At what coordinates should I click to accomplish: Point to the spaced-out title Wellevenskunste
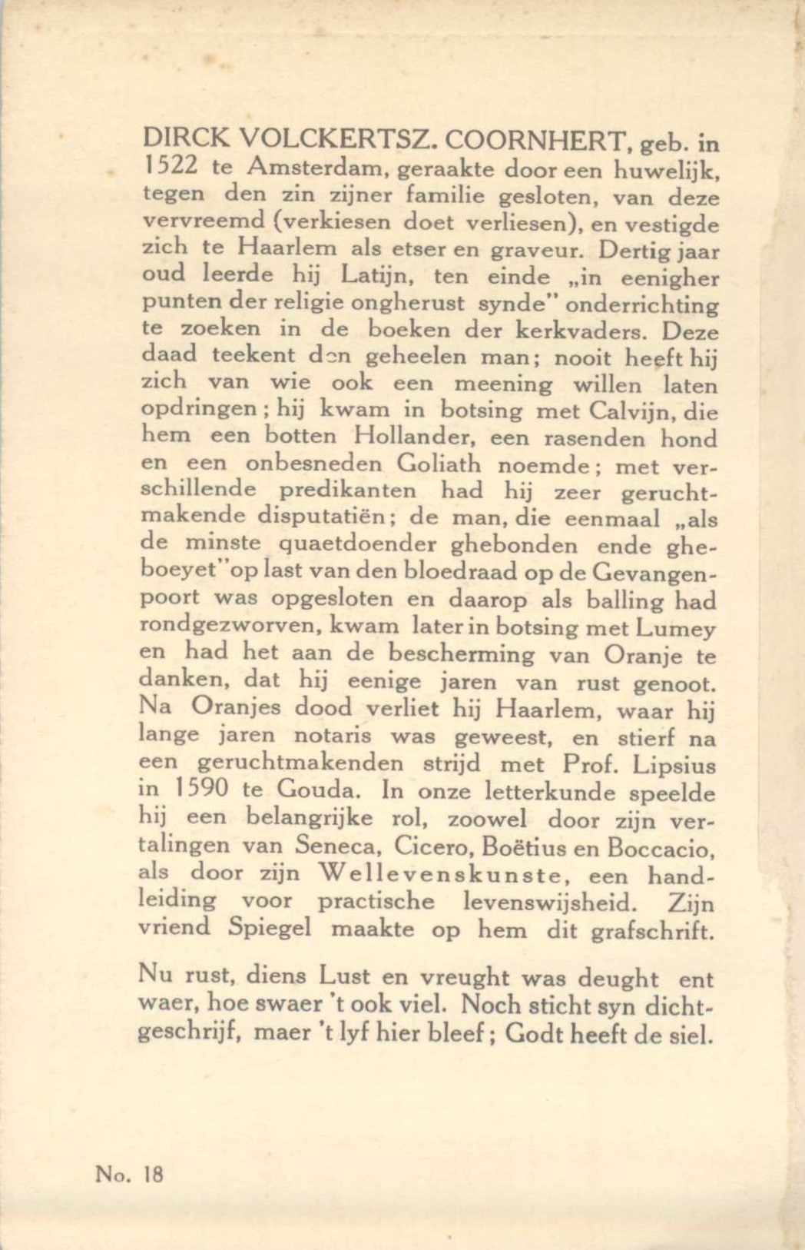(x=445, y=874)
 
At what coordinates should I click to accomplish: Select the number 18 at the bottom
(x=153, y=1174)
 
